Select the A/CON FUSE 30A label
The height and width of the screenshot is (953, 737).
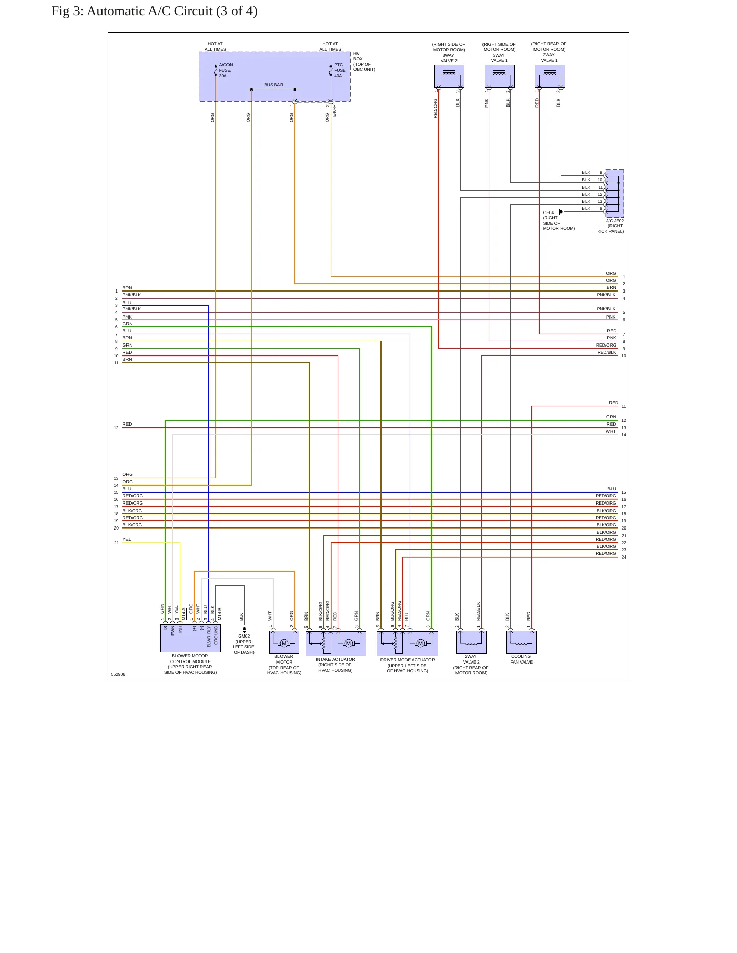(x=226, y=70)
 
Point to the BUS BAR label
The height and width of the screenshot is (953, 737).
(x=273, y=85)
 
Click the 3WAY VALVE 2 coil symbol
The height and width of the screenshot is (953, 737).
(x=449, y=76)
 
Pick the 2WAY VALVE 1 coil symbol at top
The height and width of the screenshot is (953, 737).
(x=549, y=76)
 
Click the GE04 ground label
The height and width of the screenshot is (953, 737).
(x=548, y=213)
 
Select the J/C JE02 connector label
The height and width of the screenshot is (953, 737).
(x=615, y=221)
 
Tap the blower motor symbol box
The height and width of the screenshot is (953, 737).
(x=284, y=642)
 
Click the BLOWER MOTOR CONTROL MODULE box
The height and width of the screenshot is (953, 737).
(x=190, y=638)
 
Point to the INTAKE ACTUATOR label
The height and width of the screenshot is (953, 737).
(x=335, y=659)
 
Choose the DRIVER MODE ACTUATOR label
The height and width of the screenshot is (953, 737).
(x=408, y=660)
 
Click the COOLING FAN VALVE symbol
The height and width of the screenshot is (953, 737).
(x=521, y=642)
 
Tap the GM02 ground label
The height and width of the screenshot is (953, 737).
(x=244, y=636)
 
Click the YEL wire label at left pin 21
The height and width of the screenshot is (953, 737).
(x=126, y=539)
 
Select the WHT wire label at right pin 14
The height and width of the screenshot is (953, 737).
(x=611, y=431)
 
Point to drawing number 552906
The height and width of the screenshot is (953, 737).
(x=118, y=674)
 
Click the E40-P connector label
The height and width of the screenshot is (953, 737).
(x=334, y=111)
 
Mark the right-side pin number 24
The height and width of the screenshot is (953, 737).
(x=624, y=557)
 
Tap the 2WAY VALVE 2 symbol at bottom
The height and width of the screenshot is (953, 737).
(x=471, y=642)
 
